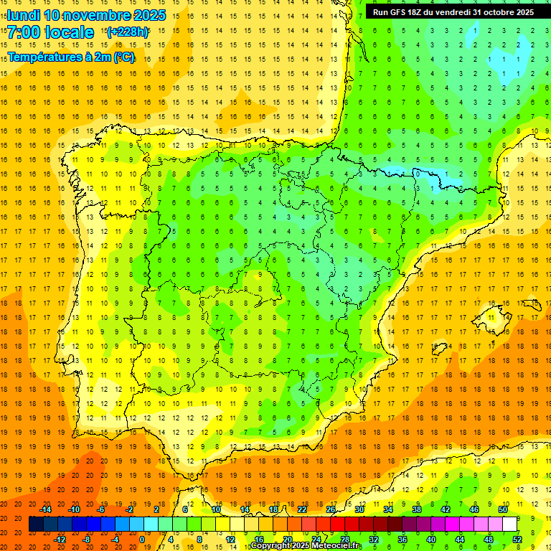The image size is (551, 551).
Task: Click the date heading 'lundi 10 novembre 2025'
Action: pos(87,15)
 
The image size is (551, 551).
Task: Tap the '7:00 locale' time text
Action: pos(51,32)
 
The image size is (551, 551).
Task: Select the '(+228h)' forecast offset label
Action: pos(128,32)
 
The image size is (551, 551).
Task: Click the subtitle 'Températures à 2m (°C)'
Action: pos(71,57)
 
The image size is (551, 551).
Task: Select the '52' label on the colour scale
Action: pos(517,539)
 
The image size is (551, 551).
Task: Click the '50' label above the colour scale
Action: pos(503,509)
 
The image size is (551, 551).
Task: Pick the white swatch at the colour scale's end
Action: pos(510,524)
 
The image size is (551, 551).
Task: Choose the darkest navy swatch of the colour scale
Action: pos(36,524)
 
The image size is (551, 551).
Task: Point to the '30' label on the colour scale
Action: pos(359,509)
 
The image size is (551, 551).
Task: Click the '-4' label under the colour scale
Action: pos(115,539)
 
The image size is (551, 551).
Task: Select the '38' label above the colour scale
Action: pos(417,509)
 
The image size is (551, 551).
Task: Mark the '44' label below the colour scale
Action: pos(460,539)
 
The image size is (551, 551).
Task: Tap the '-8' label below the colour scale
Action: pos(87,539)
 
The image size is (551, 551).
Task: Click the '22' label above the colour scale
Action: pos(302,509)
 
